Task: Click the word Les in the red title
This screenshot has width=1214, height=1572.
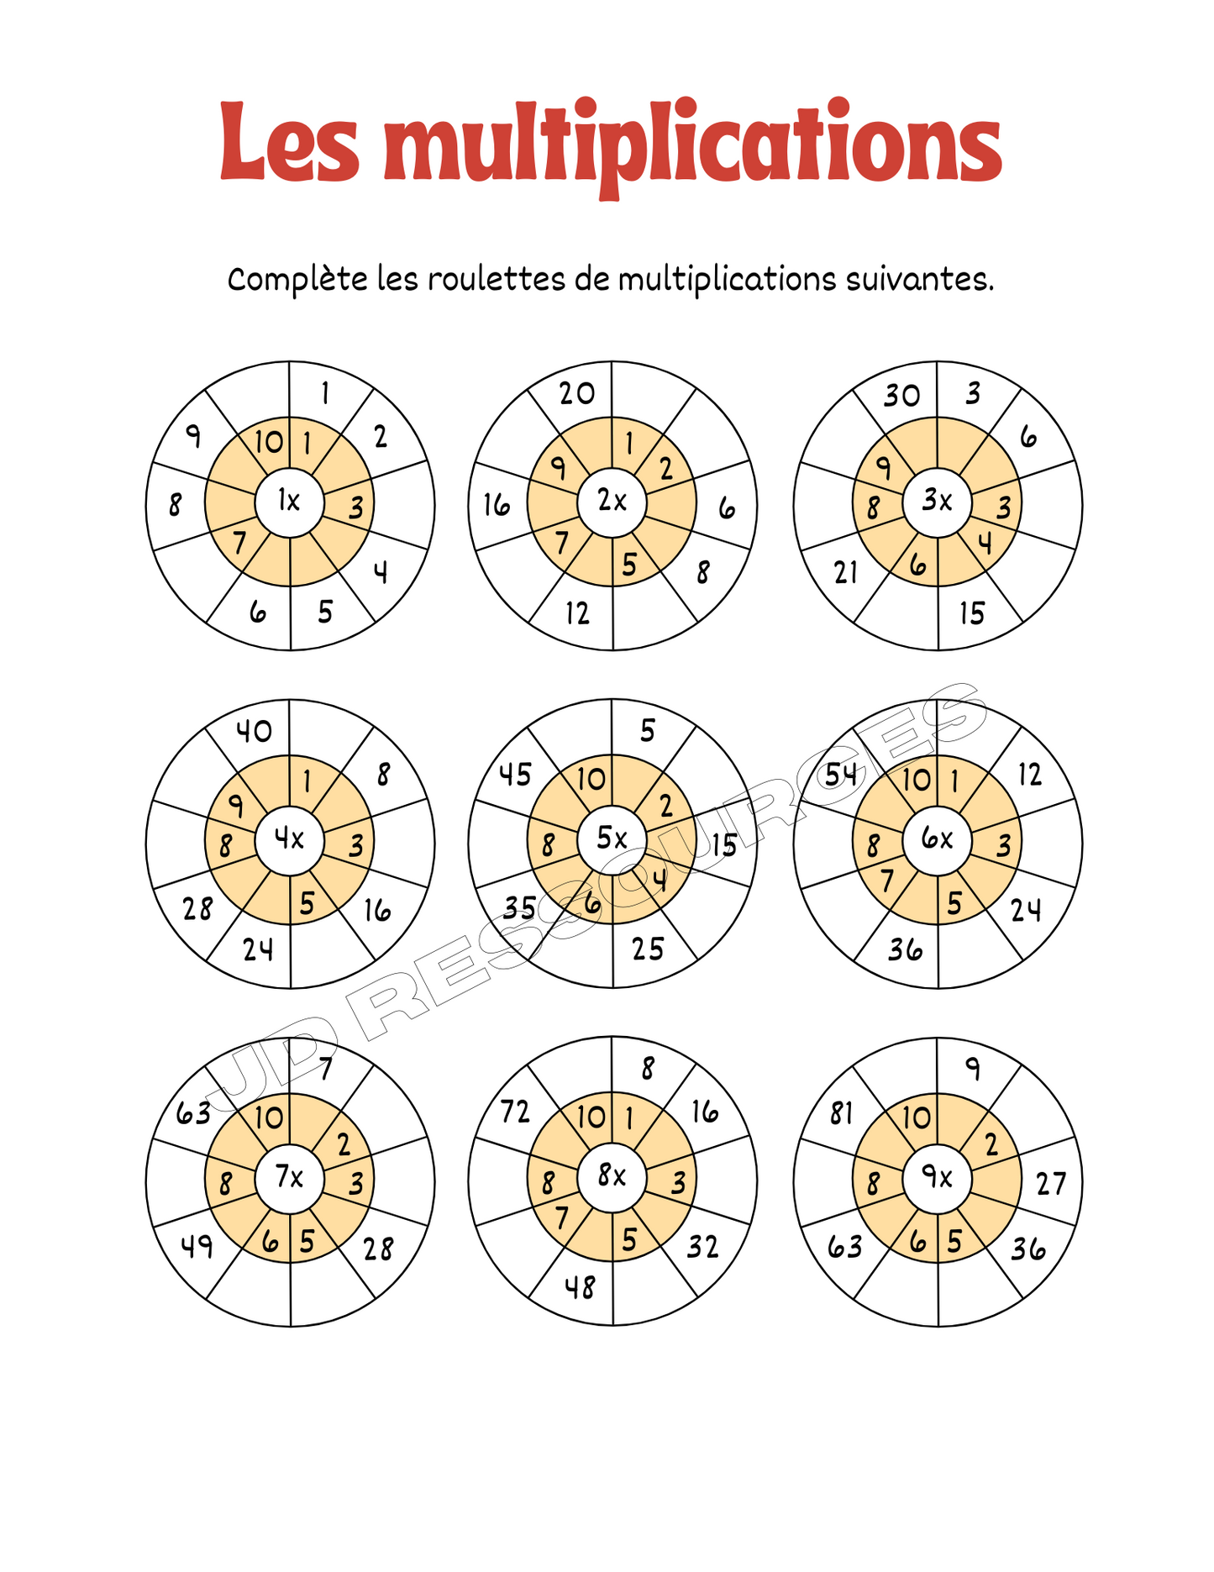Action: pos(290,143)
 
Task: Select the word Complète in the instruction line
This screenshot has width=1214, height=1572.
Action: pos(297,280)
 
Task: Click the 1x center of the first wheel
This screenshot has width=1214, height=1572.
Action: pos(289,502)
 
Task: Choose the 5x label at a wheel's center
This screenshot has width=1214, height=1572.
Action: pos(612,839)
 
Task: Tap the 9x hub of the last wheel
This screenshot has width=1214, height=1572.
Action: pos(937,1178)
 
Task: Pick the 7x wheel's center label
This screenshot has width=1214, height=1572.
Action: pos(289,1177)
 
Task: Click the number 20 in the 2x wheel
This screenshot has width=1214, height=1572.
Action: pos(577,393)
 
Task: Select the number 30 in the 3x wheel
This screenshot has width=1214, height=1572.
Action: pos(901,395)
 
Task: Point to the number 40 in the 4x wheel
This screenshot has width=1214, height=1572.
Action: pos(253,731)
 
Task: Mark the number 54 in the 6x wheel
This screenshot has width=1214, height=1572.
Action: pos(840,775)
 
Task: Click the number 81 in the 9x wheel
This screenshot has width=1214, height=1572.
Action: pos(841,1113)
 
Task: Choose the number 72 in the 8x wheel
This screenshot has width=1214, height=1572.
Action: pos(515,1112)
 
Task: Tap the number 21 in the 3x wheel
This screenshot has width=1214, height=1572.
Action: pos(846,573)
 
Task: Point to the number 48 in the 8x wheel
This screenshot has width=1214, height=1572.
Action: pos(580,1286)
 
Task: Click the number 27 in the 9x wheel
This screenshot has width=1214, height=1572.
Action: pos(1051,1184)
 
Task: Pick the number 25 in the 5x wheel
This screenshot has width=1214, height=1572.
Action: pos(648,949)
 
